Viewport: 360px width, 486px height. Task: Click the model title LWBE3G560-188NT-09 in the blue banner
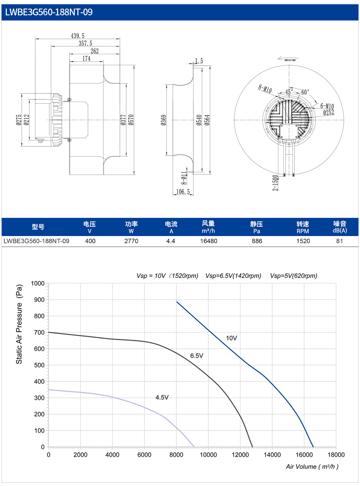pyautogui.click(x=48, y=12)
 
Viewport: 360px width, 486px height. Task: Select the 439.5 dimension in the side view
pyautogui.click(x=78, y=36)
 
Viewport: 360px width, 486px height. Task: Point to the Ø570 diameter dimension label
pyautogui.click(x=131, y=120)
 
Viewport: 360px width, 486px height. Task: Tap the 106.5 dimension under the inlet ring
pyautogui.click(x=183, y=192)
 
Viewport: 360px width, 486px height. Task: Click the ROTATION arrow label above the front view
pyautogui.click(x=290, y=60)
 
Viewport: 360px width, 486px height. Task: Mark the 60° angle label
pyautogui.click(x=305, y=92)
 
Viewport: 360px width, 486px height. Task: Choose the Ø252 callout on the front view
pyautogui.click(x=329, y=113)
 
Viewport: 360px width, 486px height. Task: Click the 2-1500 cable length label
pyautogui.click(x=275, y=183)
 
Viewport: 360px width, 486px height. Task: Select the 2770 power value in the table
pyautogui.click(x=131, y=241)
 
